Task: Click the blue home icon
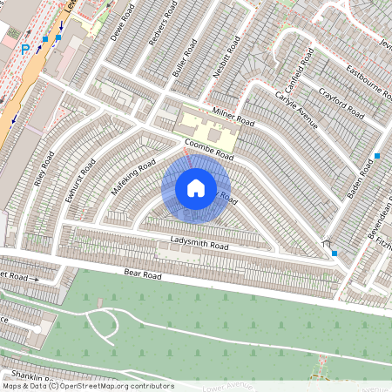196,188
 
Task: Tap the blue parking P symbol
25,49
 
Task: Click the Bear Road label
143,274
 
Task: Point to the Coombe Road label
209,150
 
